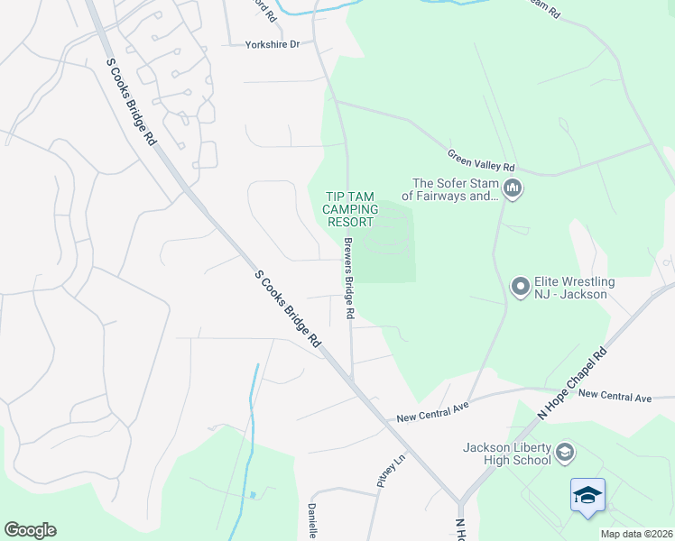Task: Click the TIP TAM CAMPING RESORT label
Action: [350, 208]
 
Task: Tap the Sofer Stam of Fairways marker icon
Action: [513, 188]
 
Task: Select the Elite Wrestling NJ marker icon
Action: [520, 287]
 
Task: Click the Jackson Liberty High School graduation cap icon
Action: [565, 453]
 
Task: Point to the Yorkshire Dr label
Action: [272, 43]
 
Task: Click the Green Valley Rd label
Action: [481, 162]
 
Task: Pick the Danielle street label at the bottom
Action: [311, 520]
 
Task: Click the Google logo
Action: [30, 530]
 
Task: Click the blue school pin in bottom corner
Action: [587, 495]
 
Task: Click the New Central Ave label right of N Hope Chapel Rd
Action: [615, 396]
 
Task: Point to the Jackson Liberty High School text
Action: [506, 454]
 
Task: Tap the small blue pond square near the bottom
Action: [253, 494]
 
